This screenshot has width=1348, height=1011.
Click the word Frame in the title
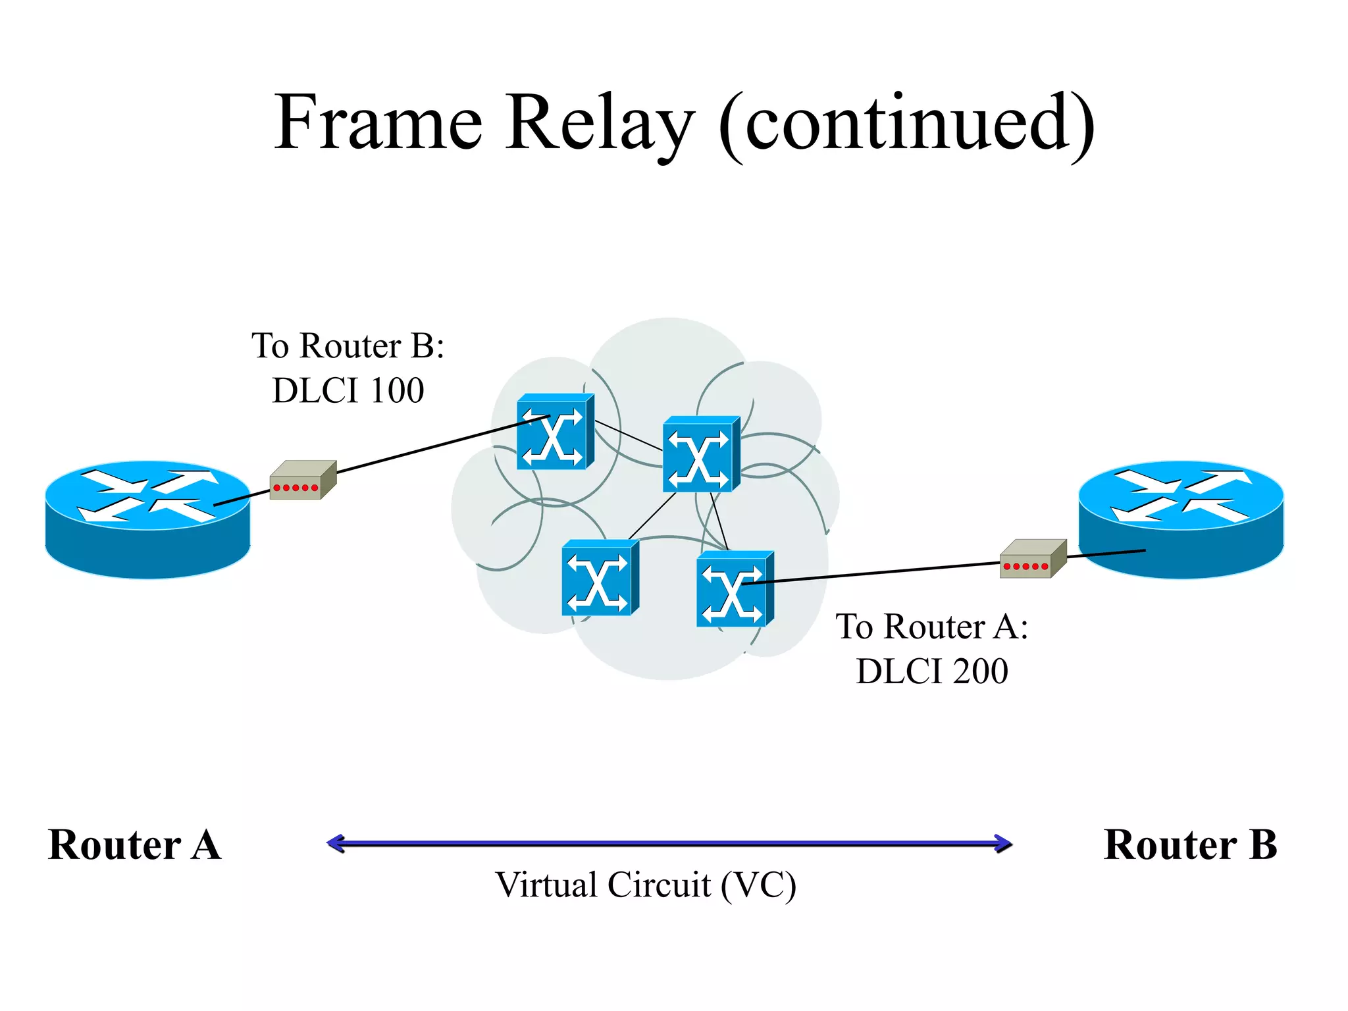click(378, 123)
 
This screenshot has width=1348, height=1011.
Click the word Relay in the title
click(600, 123)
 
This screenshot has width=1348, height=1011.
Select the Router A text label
click(134, 844)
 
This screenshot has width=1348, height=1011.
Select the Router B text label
click(1190, 844)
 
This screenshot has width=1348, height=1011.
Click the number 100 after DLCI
click(396, 390)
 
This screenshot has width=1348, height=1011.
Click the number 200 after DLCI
click(979, 671)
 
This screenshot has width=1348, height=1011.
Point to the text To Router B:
click(348, 346)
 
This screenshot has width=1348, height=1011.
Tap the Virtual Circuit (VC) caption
click(645, 885)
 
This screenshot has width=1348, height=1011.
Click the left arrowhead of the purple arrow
click(336, 843)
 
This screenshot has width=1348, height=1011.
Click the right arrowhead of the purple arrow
click(1003, 843)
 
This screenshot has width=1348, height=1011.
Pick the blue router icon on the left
click(147, 519)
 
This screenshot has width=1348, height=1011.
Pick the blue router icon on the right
click(1181, 519)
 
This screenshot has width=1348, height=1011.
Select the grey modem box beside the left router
click(302, 480)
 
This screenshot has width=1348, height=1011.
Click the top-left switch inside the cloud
click(554, 432)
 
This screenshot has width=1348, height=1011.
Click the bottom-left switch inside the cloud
click(600, 578)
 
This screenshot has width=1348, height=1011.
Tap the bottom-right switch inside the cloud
click(734, 589)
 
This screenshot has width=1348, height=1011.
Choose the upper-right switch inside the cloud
click(700, 454)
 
